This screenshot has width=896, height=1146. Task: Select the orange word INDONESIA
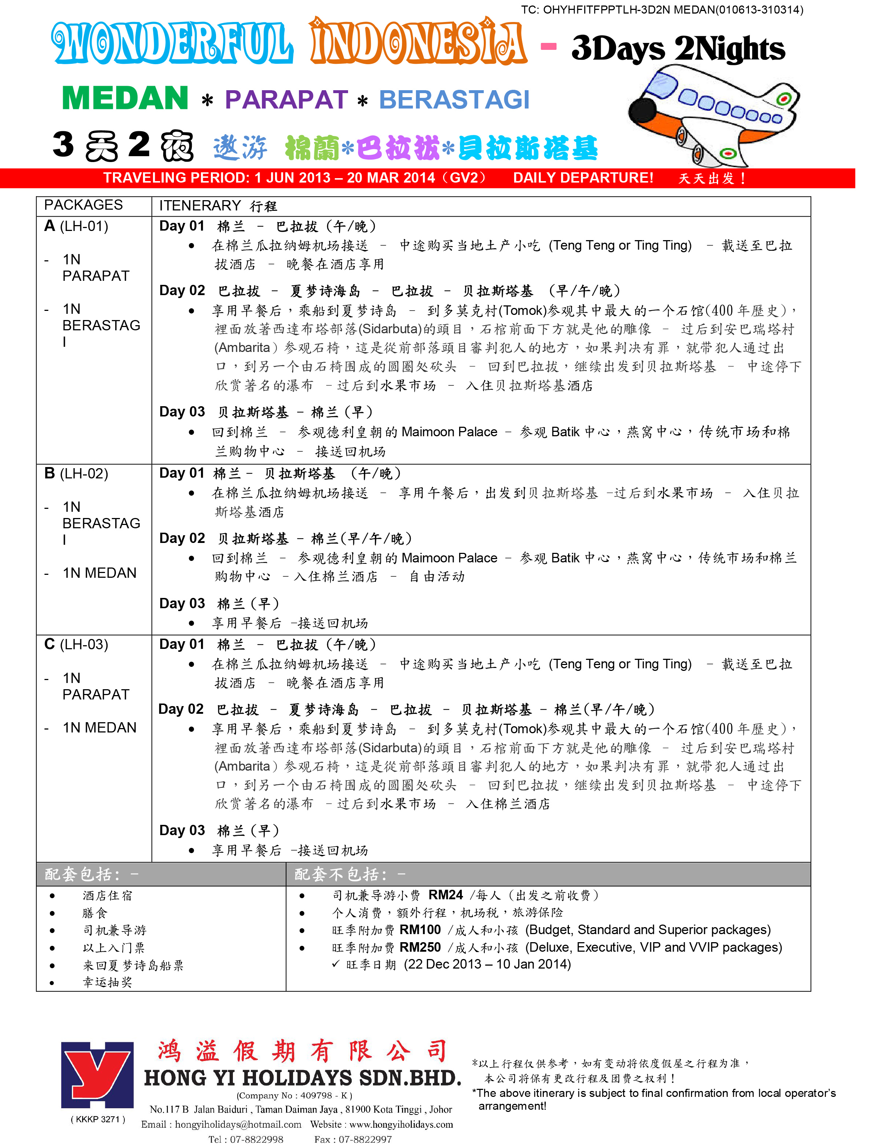click(x=418, y=42)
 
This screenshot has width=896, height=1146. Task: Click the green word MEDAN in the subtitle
click(x=125, y=98)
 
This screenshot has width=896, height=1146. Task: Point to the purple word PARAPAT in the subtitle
click(x=286, y=100)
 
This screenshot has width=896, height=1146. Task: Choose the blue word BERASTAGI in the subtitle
click(x=454, y=100)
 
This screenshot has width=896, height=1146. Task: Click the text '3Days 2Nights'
click(x=678, y=49)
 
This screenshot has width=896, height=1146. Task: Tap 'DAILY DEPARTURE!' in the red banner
click(x=583, y=178)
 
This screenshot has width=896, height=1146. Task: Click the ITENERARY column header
click(x=200, y=206)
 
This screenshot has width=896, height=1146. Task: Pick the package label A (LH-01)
click(x=77, y=226)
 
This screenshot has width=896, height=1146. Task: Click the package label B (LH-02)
click(x=77, y=473)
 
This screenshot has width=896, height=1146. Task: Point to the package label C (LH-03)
click(x=77, y=644)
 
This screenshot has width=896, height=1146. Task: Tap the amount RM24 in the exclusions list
click(x=446, y=895)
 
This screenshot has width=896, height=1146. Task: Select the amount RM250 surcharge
click(x=420, y=947)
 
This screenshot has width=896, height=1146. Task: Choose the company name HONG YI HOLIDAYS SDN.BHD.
click(x=302, y=1078)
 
